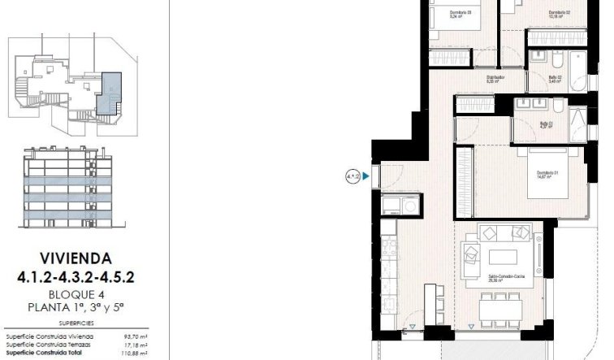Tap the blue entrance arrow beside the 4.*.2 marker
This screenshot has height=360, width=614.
(367, 175)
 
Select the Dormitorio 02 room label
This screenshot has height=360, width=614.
(560, 13)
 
